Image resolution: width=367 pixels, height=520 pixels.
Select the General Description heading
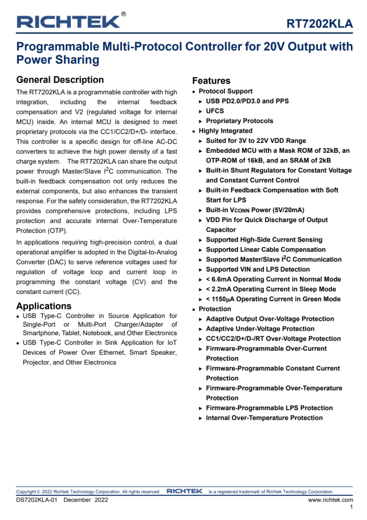[60, 80]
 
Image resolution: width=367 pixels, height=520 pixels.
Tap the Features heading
[211, 81]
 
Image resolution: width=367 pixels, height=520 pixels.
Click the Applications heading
[44, 306]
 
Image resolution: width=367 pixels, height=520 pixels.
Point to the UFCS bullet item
[215, 111]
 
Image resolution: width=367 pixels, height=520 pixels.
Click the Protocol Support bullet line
[226, 91]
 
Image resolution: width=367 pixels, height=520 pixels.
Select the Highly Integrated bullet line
[226, 131]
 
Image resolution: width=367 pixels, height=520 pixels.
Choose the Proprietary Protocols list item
[239, 121]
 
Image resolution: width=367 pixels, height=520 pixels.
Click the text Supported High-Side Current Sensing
[264, 240]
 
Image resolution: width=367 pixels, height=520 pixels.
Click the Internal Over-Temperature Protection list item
[264, 418]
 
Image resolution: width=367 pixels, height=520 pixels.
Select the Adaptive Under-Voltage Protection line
[260, 329]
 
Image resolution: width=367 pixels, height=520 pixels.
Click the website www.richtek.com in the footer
[330, 499]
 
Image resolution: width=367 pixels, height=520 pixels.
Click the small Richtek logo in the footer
[184, 491]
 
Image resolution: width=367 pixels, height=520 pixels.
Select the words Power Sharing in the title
[58, 60]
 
